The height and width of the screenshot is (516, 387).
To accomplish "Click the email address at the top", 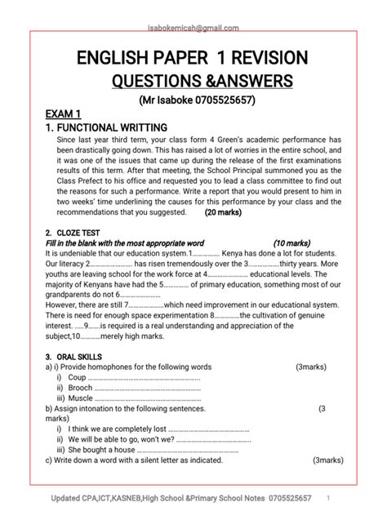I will coord(193,27).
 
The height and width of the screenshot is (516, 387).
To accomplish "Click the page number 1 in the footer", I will coord(327,498).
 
